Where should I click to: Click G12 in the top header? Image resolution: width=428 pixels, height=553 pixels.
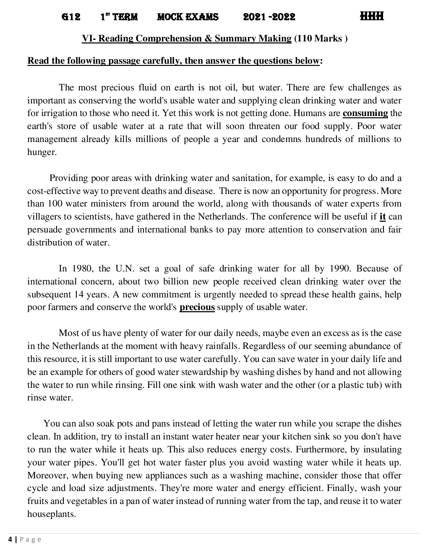(x=71, y=17)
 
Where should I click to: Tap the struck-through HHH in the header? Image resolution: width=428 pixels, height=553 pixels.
(x=372, y=16)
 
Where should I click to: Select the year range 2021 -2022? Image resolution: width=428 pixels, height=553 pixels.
(x=269, y=17)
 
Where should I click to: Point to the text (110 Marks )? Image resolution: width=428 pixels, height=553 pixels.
(x=321, y=39)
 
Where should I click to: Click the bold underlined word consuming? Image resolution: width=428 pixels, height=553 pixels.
(x=365, y=113)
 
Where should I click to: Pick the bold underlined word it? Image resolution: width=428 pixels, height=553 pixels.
(x=382, y=217)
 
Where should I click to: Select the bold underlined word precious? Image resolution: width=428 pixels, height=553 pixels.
(x=197, y=307)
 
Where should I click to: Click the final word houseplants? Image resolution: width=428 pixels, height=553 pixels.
(x=52, y=514)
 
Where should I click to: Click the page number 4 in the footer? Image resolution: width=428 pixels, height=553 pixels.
(x=10, y=540)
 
